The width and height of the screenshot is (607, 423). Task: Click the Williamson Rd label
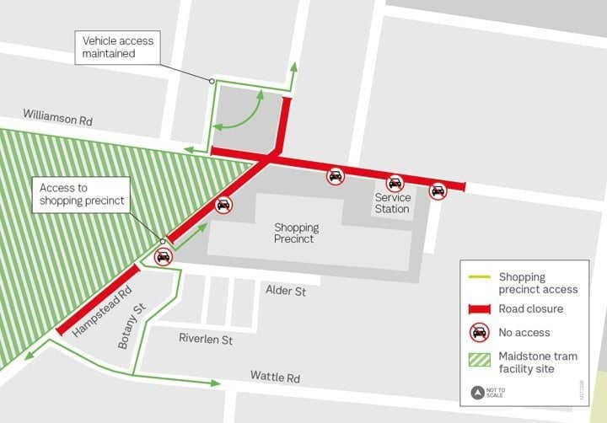[x=57, y=117]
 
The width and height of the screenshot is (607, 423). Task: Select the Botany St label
[x=128, y=326]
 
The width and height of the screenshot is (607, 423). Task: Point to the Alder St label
[x=286, y=291]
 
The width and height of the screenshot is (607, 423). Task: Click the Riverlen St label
[x=206, y=338]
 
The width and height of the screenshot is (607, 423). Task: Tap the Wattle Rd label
[x=275, y=377]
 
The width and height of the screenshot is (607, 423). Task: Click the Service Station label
[x=393, y=203]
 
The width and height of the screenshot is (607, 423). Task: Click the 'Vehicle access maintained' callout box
[x=109, y=47]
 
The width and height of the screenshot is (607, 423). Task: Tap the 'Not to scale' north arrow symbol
[x=479, y=392]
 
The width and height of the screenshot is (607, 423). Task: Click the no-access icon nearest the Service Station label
[x=395, y=183]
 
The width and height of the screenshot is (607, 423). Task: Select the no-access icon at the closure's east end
[x=438, y=191]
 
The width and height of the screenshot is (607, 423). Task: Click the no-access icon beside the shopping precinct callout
[x=163, y=257]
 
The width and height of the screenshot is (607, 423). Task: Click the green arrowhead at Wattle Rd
[x=218, y=383]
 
